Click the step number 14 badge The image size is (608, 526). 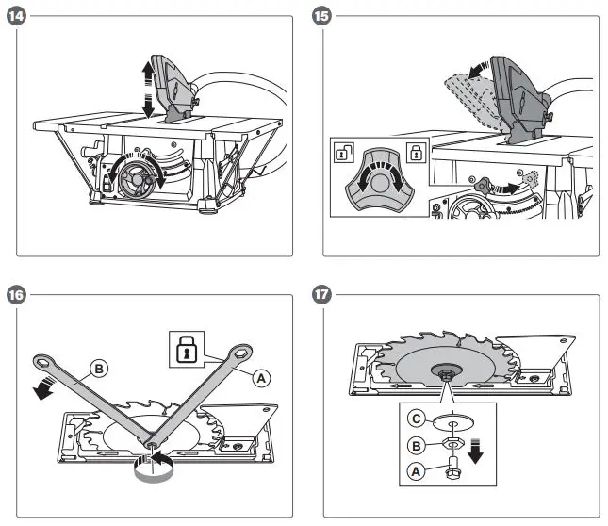[16, 17]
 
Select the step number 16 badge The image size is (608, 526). [16, 294]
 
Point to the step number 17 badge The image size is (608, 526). [322, 294]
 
